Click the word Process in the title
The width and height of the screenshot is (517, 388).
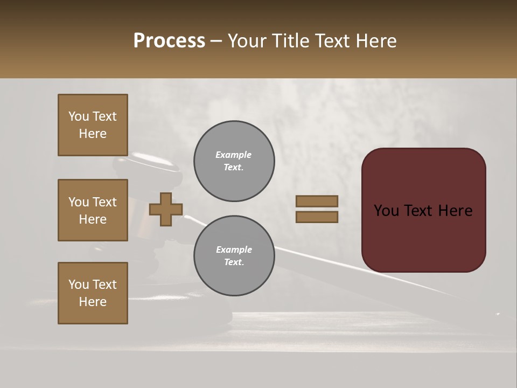click(169, 41)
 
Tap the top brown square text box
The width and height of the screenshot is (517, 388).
click(93, 125)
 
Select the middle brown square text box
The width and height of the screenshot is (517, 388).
click(93, 210)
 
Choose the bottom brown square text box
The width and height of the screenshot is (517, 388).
click(93, 293)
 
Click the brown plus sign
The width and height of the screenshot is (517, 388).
click(166, 209)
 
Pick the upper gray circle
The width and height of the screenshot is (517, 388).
click(234, 161)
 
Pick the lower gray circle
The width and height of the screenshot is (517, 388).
click(234, 256)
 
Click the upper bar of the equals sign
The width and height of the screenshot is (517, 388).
click(317, 201)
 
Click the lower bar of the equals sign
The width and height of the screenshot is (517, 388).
click(317, 217)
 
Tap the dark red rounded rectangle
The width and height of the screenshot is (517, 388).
click(423, 237)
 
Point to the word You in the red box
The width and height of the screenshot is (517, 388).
click(387, 211)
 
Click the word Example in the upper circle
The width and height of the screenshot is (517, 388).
click(234, 155)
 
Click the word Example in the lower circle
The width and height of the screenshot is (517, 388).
click(234, 250)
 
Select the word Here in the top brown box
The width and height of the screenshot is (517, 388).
click(93, 134)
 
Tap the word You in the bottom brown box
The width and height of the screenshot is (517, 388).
click(79, 285)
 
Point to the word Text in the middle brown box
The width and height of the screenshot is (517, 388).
click(104, 202)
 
